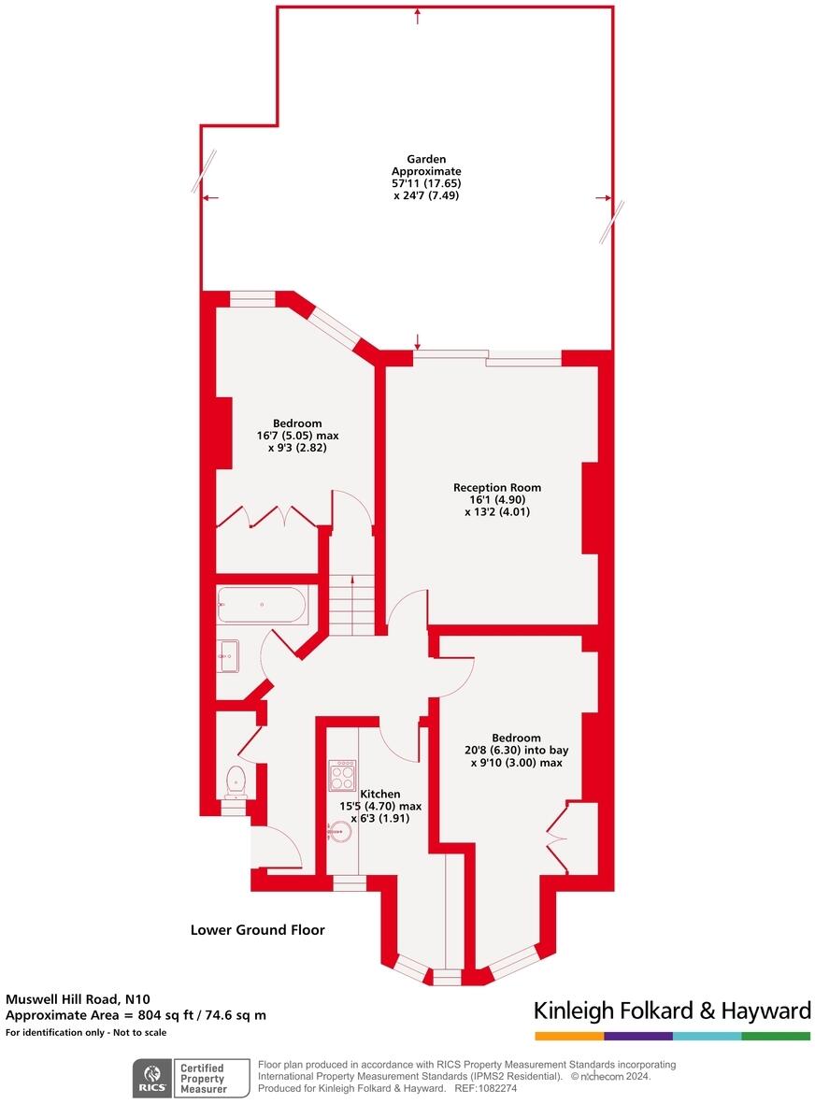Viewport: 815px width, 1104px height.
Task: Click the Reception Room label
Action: [496, 487]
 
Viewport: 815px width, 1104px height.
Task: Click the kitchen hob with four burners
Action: [342, 775]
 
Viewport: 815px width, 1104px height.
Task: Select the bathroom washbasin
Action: [227, 655]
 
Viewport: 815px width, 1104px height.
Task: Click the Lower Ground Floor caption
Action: [257, 930]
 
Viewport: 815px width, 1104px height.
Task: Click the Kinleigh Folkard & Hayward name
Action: [671, 1011]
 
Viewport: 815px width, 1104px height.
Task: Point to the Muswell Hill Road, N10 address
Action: [78, 998]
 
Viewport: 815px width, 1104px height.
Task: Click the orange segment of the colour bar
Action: [569, 1036]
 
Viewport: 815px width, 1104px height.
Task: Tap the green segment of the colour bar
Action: [776, 1036]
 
